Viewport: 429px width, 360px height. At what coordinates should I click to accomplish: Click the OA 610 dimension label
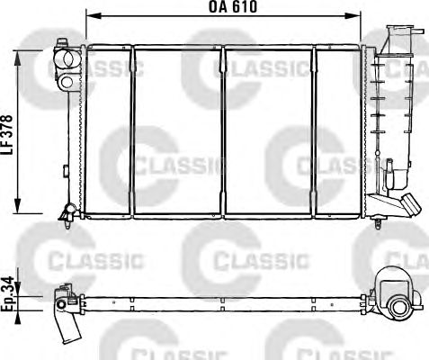point(233,7)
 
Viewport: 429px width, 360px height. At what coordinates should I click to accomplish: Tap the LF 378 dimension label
point(7,135)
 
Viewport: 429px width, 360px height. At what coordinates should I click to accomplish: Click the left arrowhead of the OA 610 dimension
point(94,15)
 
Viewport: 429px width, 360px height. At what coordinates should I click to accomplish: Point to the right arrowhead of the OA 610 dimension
point(353,15)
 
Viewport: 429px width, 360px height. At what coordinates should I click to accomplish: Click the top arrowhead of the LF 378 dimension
point(18,58)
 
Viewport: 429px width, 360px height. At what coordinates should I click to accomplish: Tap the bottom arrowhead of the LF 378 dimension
point(18,206)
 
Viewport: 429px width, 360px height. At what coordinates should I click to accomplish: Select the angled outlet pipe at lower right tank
point(410,203)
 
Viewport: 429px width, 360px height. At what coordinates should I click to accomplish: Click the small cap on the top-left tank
point(62,43)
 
